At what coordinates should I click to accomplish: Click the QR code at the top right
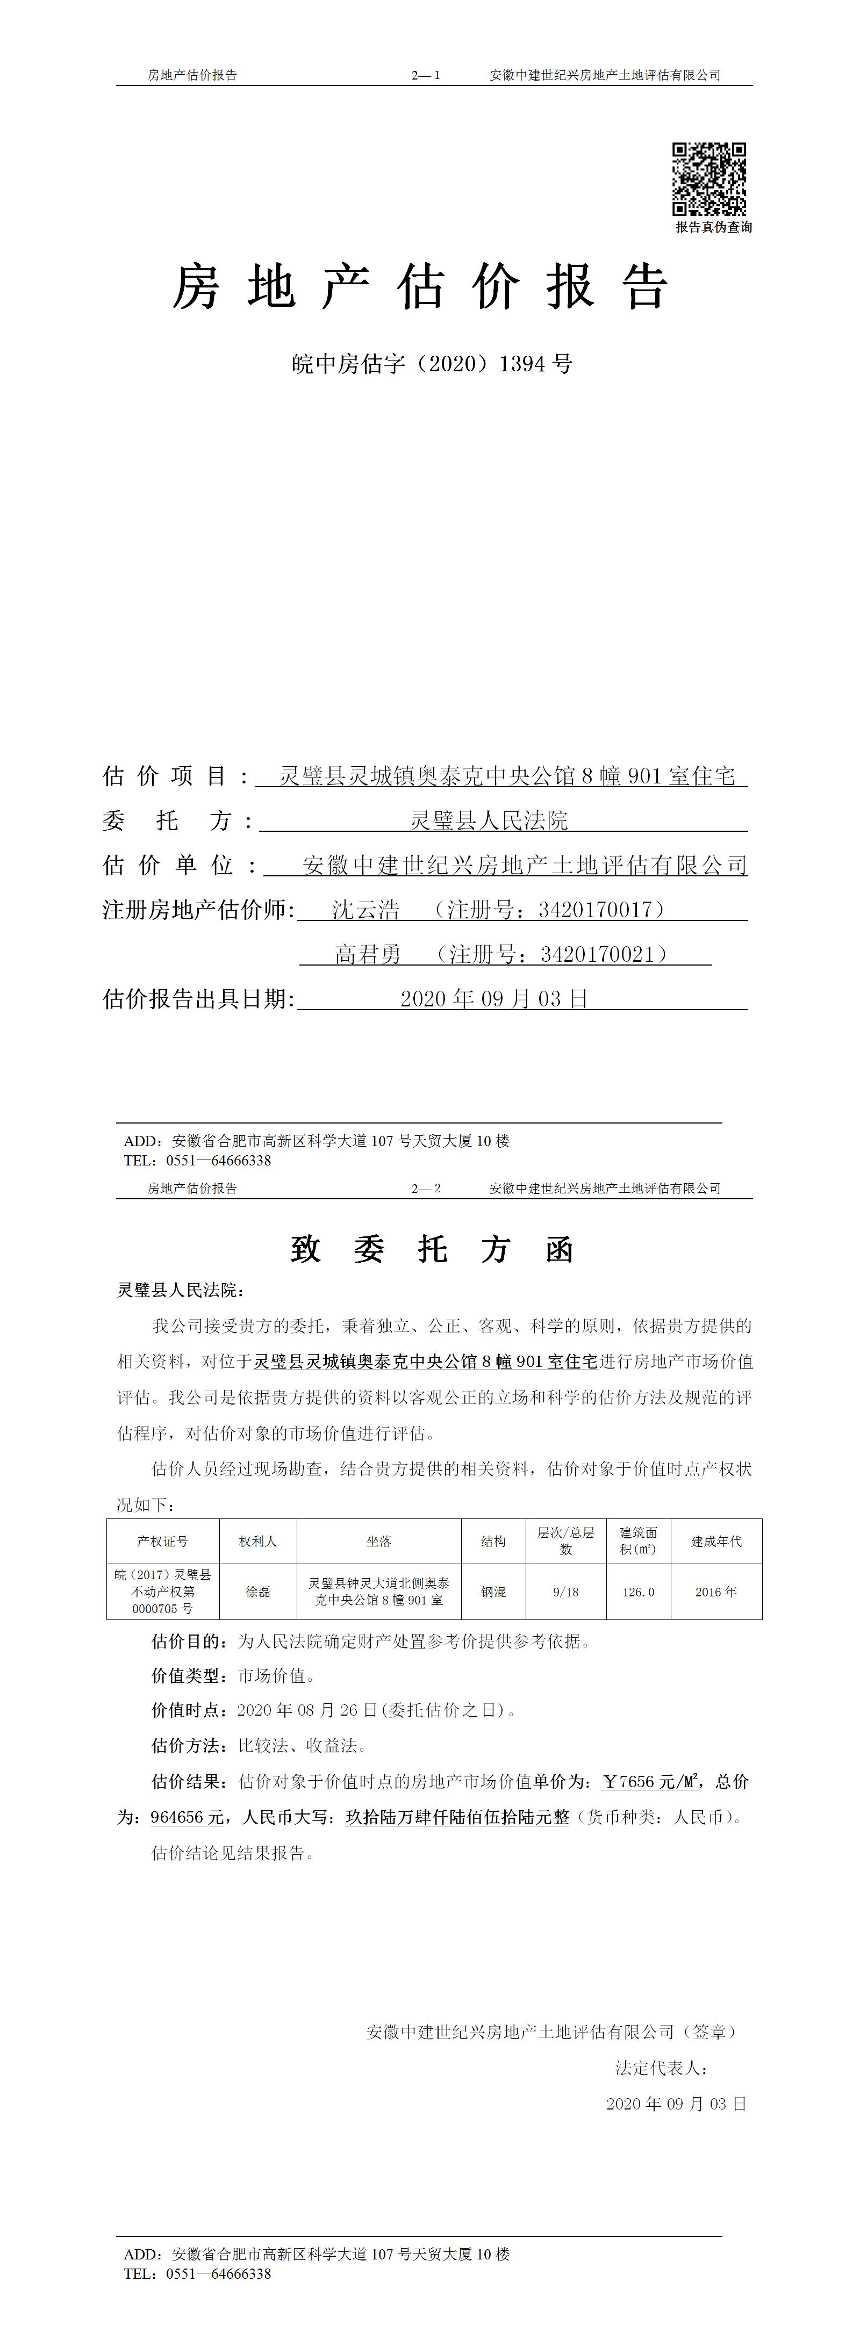[709, 178]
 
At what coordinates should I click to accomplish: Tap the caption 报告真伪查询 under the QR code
[714, 227]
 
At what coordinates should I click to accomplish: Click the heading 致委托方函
[432, 1249]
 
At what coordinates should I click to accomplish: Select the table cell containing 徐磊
[258, 1592]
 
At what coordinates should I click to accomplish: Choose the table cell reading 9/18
[565, 1592]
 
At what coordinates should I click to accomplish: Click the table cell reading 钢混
[493, 1592]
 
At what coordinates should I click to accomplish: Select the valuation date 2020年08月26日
[307, 1710]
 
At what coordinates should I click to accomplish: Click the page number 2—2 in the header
[426, 1188]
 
